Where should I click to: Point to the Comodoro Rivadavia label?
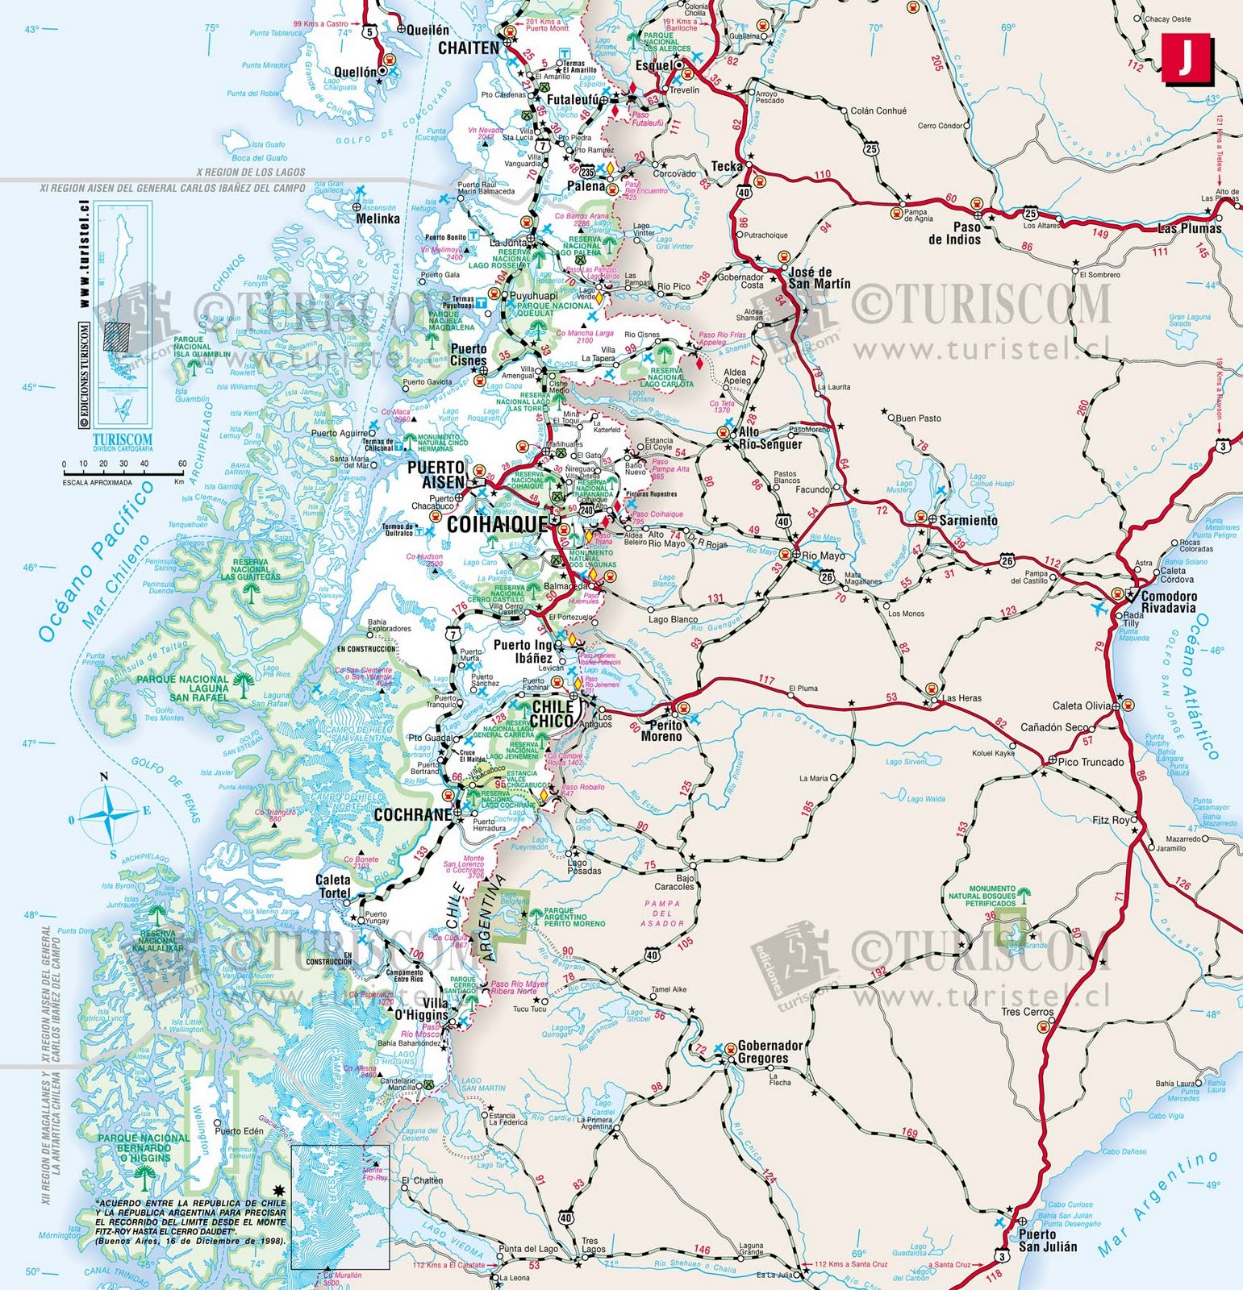tap(1168, 602)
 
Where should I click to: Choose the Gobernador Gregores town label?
tap(770, 1052)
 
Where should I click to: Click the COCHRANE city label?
tap(412, 815)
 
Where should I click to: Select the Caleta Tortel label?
tap(333, 887)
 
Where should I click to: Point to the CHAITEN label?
tap(469, 48)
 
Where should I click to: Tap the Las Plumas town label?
tap(1189, 228)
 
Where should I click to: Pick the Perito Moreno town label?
tap(661, 730)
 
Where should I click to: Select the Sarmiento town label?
tap(968, 520)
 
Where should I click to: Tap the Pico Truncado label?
tap(1091, 762)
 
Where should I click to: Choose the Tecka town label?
tap(726, 166)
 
